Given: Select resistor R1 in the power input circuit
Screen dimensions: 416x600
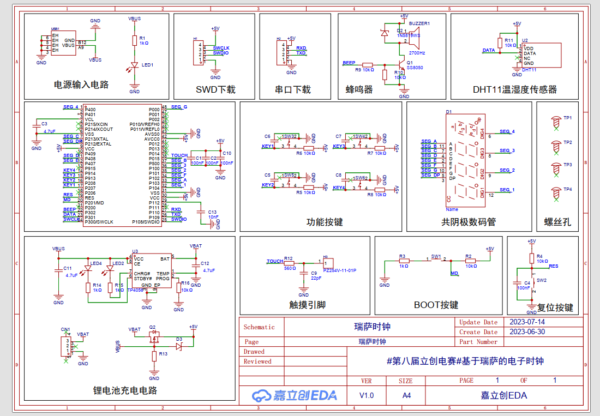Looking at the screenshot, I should coord(135,40).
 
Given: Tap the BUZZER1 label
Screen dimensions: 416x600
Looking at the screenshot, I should coord(419,24).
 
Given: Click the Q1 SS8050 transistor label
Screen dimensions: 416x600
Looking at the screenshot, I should coord(415,65).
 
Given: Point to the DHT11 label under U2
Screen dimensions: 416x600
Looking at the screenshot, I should coord(529,70).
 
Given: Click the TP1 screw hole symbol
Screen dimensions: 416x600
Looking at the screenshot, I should coord(556,118).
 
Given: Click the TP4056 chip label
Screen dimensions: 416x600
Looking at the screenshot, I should coord(134,291).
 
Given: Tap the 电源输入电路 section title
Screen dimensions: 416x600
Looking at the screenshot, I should coord(81,85).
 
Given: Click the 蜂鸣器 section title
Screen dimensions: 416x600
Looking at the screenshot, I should coord(359,89).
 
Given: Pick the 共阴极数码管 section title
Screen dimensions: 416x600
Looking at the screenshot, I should coord(469,222).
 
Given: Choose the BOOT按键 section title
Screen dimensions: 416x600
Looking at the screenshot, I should coord(436,305).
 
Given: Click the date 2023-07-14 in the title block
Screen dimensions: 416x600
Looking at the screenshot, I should coord(526,322).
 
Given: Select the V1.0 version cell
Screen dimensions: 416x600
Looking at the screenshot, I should coord(367,395).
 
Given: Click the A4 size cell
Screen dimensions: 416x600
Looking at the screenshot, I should coord(406,395).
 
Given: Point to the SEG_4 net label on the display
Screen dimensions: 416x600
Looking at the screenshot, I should coord(507,131).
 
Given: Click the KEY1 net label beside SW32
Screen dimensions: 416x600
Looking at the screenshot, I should coord(268,146).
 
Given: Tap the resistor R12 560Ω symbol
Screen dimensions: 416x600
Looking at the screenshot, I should coord(290,262).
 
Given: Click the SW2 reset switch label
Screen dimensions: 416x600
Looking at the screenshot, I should coord(541,280).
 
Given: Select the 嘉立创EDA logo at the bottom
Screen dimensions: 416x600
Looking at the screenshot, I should coord(294,395).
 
